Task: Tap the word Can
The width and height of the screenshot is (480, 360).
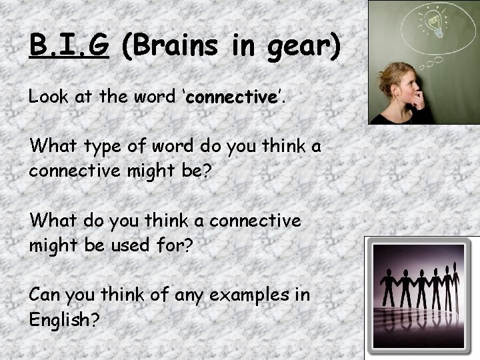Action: click(x=46, y=295)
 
